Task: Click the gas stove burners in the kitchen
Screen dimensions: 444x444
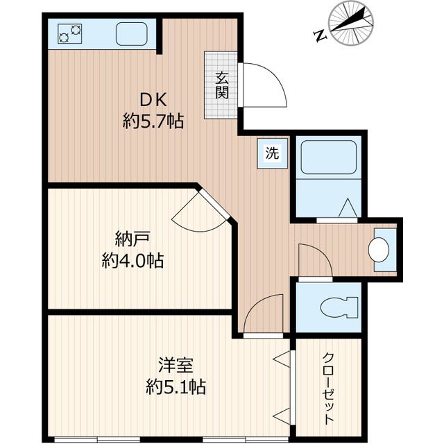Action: pyautogui.click(x=68, y=33)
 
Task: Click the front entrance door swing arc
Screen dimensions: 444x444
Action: pyautogui.click(x=266, y=85)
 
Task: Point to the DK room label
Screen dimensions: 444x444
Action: pyautogui.click(x=153, y=99)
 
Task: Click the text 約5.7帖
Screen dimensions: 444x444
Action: pyautogui.click(x=153, y=122)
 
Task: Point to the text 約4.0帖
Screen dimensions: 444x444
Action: pyautogui.click(x=132, y=262)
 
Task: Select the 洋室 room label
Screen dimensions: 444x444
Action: pyautogui.click(x=175, y=364)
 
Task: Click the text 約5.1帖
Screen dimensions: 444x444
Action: pyautogui.click(x=175, y=386)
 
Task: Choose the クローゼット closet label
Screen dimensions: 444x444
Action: pyautogui.click(x=328, y=388)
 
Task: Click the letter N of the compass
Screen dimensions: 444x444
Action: pyautogui.click(x=319, y=35)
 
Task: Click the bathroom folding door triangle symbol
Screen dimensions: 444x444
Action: pyautogui.click(x=349, y=207)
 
